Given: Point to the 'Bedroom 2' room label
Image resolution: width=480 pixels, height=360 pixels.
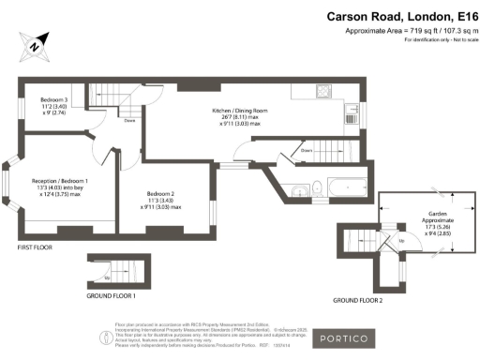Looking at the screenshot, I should [x=160, y=193].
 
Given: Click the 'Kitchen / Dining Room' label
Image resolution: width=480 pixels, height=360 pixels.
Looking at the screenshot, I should [x=240, y=111].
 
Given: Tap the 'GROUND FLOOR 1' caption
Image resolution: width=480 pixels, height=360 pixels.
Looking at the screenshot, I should [x=110, y=295].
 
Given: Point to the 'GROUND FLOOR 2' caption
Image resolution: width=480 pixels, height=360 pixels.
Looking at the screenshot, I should [x=358, y=300].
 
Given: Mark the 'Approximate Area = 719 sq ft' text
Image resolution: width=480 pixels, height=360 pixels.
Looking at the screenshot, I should [x=406, y=31].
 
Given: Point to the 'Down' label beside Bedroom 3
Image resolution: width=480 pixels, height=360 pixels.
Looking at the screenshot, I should [x=130, y=120].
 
